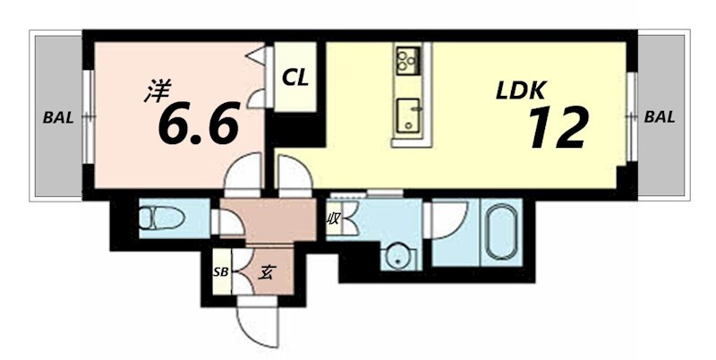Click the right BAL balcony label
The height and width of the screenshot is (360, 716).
660,116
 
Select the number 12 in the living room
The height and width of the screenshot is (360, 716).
557,127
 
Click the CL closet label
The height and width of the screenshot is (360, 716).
295,78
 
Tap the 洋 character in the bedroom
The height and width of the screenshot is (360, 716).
158,89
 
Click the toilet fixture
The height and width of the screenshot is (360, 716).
158,218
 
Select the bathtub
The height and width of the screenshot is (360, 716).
500,233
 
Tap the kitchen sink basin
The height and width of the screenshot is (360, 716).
411,115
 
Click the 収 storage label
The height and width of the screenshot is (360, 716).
333,218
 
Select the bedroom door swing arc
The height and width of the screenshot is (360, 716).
243,174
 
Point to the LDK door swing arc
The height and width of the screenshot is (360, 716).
292,175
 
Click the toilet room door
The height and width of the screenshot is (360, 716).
226,222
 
